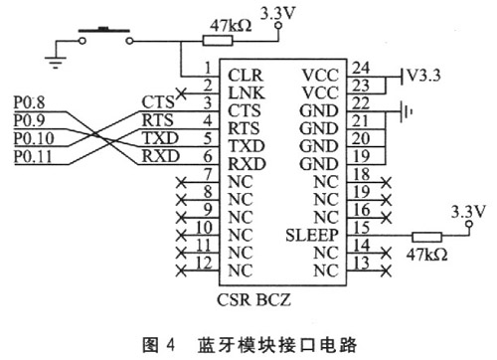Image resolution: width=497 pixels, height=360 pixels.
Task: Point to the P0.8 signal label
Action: tap(33, 100)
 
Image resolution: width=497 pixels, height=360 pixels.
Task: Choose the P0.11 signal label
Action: tap(35, 157)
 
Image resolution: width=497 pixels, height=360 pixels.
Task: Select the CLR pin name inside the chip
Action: tap(245, 75)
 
